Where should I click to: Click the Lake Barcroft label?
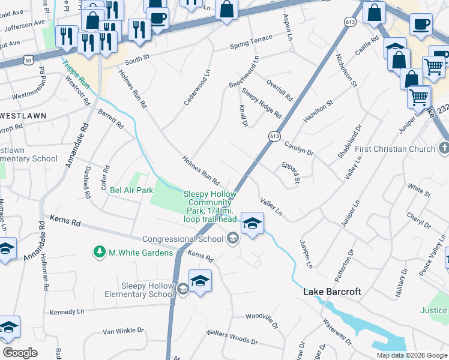[x=332, y=292]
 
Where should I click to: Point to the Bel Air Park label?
[x=131, y=190]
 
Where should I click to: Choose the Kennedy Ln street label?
[x=67, y=312]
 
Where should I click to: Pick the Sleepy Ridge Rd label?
[x=261, y=103]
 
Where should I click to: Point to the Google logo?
[x=20, y=353]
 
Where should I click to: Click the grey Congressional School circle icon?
[x=233, y=239]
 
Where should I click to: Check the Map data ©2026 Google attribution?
[x=412, y=355]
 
